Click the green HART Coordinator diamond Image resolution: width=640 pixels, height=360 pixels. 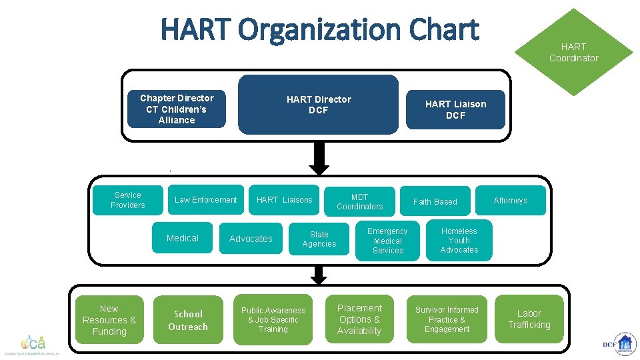click(x=573, y=53)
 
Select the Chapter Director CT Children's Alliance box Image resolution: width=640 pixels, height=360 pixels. click(x=177, y=109)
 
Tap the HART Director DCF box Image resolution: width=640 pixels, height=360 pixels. click(x=319, y=105)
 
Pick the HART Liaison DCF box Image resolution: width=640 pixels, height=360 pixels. click(x=456, y=109)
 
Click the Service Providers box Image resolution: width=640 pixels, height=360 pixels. click(x=127, y=200)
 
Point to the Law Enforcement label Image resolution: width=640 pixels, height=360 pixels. click(x=205, y=200)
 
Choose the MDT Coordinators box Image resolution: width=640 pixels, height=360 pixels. click(x=360, y=201)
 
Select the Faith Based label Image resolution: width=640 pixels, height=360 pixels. click(x=435, y=201)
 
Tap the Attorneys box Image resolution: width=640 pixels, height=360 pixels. click(x=511, y=200)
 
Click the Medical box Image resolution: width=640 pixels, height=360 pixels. click(x=183, y=238)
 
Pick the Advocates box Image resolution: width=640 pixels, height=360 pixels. click(x=251, y=239)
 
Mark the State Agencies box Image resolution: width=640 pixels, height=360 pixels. click(x=319, y=239)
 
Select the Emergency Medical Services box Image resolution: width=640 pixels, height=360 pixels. click(x=388, y=241)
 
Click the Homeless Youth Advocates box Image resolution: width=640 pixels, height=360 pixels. click(x=459, y=241)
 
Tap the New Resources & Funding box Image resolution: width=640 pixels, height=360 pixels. click(x=109, y=320)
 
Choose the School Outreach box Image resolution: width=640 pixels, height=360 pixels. click(x=188, y=320)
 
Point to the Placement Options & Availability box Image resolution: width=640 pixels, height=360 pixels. click(x=360, y=320)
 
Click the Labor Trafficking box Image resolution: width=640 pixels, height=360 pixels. click(x=529, y=319)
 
